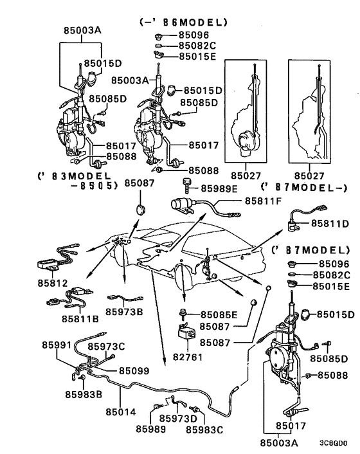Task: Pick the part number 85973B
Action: (x=125, y=311)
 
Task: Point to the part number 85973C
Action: (x=107, y=347)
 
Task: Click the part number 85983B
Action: (x=85, y=394)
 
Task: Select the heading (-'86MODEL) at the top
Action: (x=183, y=22)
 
